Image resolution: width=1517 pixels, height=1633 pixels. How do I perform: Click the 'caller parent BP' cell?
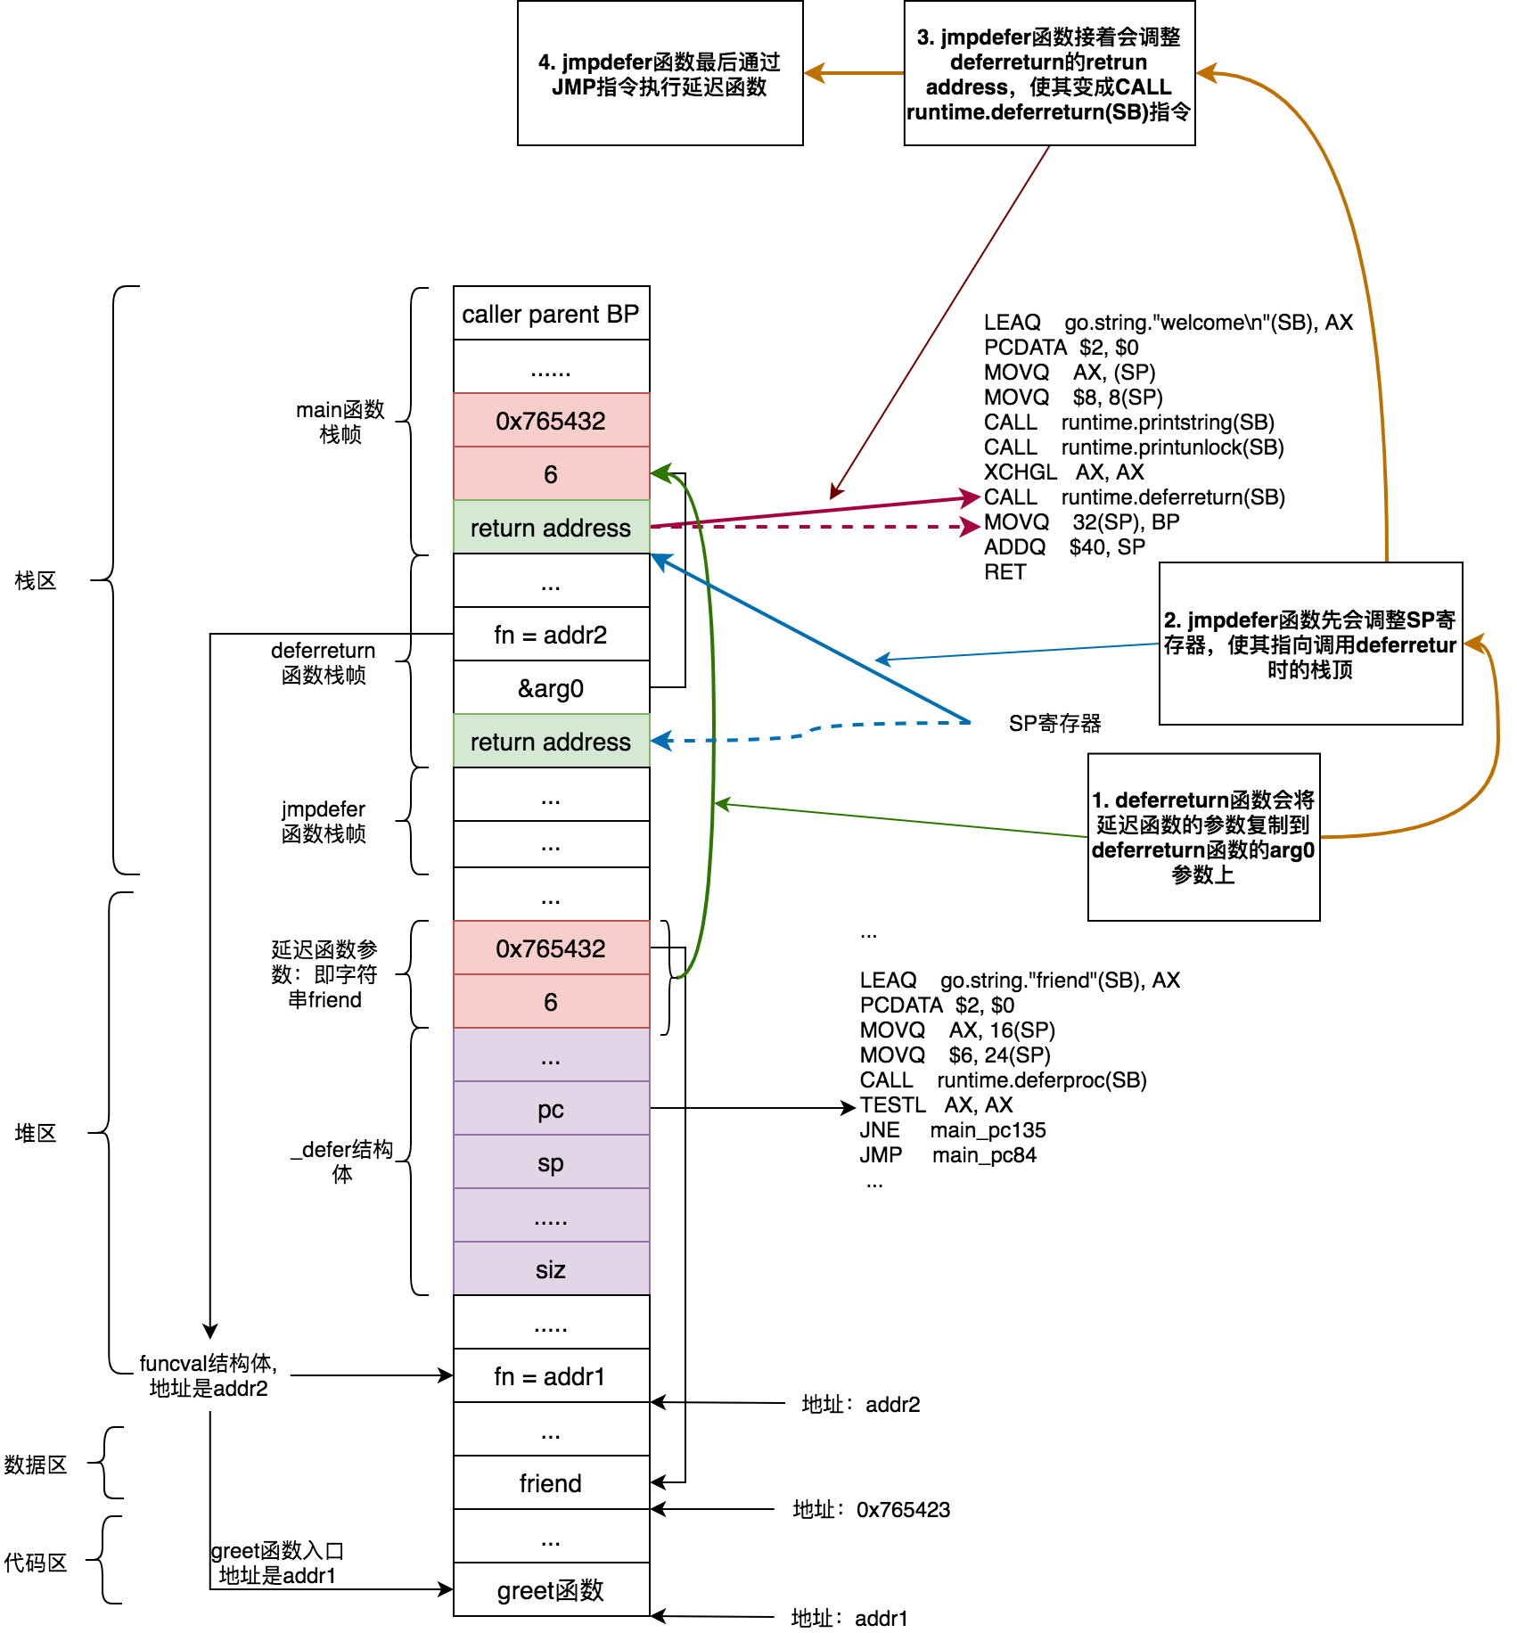[551, 314]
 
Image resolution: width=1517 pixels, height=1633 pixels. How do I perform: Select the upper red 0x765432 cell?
[551, 421]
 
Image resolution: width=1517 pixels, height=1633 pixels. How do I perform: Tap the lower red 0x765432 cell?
[551, 948]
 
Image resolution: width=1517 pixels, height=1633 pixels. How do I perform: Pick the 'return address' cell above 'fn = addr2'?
[551, 528]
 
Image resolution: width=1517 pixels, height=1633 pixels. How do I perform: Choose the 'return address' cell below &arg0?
[551, 742]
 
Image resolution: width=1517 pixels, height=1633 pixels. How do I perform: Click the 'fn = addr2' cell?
[551, 635]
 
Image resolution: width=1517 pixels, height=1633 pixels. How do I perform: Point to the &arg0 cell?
[551, 688]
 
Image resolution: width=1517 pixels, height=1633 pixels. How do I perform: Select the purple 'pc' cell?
[551, 1109]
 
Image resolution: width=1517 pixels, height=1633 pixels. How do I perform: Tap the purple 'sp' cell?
[551, 1162]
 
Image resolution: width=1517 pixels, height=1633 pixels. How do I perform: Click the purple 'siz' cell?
[551, 1269]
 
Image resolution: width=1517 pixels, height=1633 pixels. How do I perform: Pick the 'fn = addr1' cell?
[551, 1376]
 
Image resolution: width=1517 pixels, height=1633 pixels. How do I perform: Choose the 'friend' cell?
[551, 1483]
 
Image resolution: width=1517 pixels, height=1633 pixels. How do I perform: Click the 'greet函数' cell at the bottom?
[551, 1590]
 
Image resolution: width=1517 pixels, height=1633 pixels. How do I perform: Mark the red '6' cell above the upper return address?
[551, 474]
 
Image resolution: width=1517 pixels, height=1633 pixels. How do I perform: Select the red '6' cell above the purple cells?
[551, 1002]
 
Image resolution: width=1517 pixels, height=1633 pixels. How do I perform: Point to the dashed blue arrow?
[847, 725]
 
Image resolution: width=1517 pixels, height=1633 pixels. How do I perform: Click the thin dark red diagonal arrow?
[940, 321]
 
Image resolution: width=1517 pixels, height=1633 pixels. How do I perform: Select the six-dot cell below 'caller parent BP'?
[551, 367]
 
